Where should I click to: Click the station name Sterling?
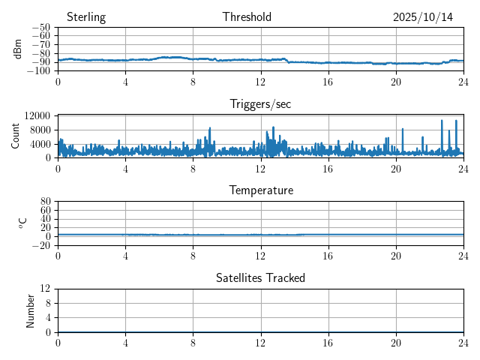(85, 17)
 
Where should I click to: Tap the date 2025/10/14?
(423, 17)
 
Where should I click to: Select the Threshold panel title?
(247, 17)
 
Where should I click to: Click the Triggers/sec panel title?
(260, 104)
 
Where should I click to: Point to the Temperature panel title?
(260, 190)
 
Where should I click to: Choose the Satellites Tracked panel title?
(260, 277)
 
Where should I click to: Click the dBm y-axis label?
(18, 49)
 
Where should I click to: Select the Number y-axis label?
(31, 310)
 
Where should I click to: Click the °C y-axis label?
(23, 223)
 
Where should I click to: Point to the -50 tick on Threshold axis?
(41, 28)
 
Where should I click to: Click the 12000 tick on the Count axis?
(37, 115)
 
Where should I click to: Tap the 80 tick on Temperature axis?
(46, 202)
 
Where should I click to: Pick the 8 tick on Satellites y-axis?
(48, 303)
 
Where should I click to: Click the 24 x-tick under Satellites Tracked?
(463, 342)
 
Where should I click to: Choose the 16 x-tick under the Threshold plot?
(328, 81)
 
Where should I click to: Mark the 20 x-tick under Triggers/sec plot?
(396, 168)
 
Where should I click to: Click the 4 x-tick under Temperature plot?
(125, 255)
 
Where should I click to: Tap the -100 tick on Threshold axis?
(39, 71)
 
